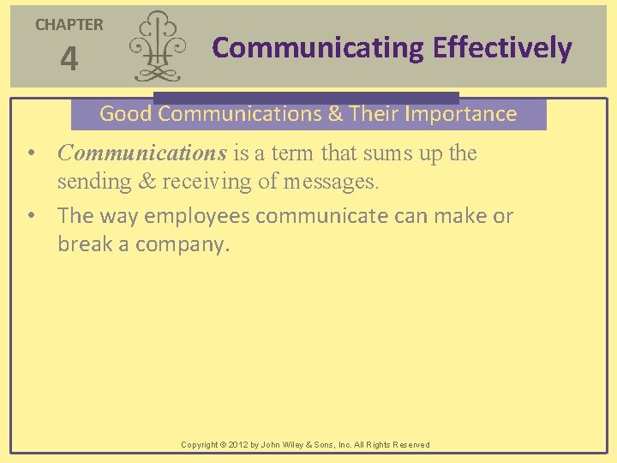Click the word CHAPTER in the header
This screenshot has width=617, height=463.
(x=69, y=25)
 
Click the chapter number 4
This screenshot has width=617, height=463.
(x=69, y=60)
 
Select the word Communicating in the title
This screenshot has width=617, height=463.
(x=318, y=48)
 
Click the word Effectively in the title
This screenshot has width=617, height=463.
(x=502, y=48)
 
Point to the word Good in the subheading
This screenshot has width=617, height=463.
(x=126, y=114)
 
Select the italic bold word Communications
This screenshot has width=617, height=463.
(x=141, y=153)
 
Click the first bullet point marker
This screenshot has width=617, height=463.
(x=30, y=154)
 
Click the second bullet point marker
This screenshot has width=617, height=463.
(x=30, y=216)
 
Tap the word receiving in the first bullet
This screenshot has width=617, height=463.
(x=206, y=182)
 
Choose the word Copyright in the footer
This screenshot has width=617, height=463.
(x=200, y=445)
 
